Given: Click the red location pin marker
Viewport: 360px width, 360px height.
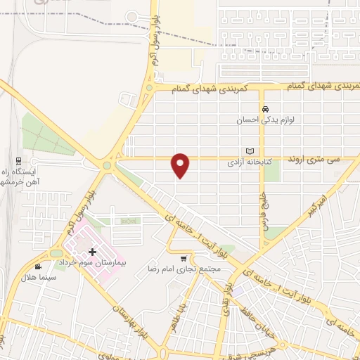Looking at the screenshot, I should click(181, 165).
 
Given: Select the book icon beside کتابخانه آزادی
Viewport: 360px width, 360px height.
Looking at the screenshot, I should click(249, 151).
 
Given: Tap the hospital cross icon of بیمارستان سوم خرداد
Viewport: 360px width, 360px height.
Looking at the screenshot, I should click(92, 251).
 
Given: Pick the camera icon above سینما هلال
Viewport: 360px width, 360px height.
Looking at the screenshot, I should click(37, 267).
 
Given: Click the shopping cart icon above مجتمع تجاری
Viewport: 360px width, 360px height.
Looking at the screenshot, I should click(184, 258).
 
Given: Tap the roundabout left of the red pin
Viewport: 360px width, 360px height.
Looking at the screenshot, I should click(108, 167).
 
